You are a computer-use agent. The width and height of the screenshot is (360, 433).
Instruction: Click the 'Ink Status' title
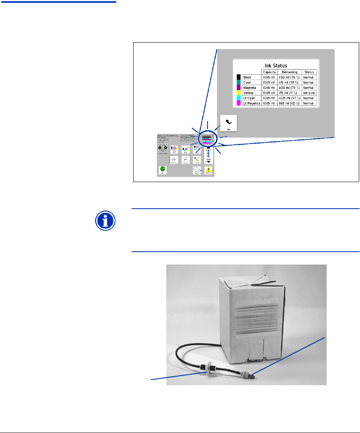(x=275, y=66)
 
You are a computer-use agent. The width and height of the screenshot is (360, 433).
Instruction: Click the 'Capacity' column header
(x=269, y=72)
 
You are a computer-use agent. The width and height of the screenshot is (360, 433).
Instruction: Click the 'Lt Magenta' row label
(x=251, y=103)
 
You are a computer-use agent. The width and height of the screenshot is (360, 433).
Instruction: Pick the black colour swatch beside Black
(x=239, y=77)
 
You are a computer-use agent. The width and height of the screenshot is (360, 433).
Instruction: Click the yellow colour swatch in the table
(x=239, y=92)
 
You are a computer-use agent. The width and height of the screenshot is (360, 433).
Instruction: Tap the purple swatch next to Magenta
(x=239, y=87)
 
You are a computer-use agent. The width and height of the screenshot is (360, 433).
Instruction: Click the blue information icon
(x=106, y=222)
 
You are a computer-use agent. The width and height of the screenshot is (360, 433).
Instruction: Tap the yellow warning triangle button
(x=208, y=170)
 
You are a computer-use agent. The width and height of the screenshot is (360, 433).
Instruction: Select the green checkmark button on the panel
(x=185, y=160)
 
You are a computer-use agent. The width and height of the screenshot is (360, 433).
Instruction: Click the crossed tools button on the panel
(x=197, y=160)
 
